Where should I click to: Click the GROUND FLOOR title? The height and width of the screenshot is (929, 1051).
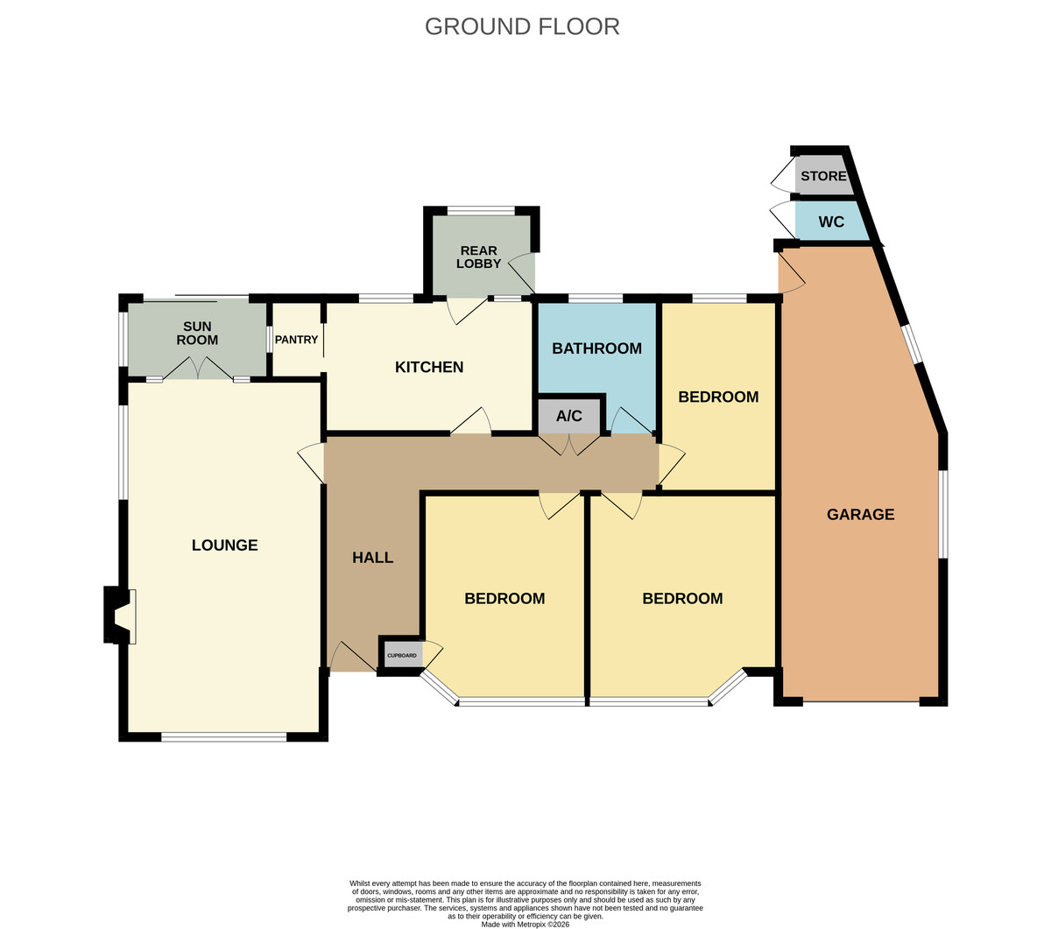click(522, 26)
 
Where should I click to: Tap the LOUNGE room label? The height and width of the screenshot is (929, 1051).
click(224, 545)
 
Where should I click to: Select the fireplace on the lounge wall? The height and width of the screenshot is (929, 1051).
click(120, 616)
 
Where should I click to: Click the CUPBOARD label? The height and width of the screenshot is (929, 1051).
click(401, 656)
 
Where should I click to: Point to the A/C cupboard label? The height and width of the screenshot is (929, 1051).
click(569, 416)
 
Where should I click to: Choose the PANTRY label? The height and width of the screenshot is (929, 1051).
click(296, 340)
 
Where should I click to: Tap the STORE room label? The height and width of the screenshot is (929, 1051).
click(823, 176)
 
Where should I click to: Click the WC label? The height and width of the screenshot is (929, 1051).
click(831, 222)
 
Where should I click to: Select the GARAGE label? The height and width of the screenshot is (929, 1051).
click(861, 514)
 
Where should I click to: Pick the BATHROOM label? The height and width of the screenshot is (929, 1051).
click(596, 348)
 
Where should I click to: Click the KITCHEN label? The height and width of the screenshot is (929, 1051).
click(429, 367)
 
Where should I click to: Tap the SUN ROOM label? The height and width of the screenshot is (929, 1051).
click(197, 333)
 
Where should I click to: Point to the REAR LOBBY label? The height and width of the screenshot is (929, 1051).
click(478, 257)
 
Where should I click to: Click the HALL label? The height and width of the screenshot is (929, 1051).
click(372, 558)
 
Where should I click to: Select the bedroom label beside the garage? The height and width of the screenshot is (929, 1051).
click(718, 397)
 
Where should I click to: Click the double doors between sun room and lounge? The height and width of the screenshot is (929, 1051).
click(198, 369)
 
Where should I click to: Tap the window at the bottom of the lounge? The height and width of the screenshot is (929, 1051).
click(223, 736)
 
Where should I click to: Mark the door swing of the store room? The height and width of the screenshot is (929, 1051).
click(783, 173)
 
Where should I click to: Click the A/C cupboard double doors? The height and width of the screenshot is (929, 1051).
click(569, 445)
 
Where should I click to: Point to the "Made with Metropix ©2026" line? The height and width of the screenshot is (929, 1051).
click(525, 925)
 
